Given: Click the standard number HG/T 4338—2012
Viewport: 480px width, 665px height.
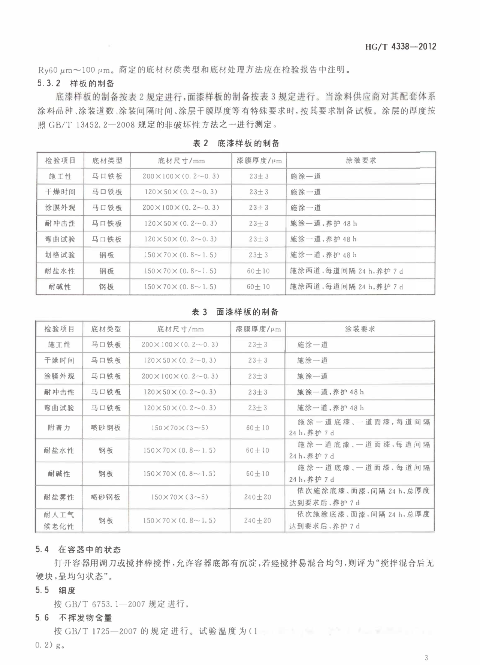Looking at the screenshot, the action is click(401, 47).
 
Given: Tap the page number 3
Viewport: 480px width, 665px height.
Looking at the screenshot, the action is click(426, 657).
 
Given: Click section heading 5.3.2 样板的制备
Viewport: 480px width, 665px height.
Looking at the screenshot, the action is click(76, 83).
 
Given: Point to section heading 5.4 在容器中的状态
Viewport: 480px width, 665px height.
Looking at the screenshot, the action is click(78, 549).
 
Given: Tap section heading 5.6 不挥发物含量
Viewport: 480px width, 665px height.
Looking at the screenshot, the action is click(74, 617).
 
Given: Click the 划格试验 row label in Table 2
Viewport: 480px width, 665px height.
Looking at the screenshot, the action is click(60, 255).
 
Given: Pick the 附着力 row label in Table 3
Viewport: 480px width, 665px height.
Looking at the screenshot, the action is click(59, 428).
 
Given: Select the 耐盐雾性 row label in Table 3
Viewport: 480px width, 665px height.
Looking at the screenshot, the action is click(59, 497).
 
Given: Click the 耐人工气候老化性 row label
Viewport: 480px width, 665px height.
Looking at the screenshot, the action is click(59, 521).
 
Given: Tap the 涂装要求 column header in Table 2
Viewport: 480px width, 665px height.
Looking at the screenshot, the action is click(360, 161).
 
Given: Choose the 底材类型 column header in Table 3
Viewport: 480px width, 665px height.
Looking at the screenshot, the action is click(106, 329).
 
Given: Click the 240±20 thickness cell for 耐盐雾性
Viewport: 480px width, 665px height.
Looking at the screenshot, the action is click(257, 497).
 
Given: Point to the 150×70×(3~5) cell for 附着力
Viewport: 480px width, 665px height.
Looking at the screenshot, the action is click(179, 428).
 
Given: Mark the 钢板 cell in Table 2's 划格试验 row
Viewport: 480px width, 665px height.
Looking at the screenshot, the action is click(107, 255).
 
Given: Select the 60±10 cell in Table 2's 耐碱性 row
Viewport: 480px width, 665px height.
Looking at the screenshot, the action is click(258, 287).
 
